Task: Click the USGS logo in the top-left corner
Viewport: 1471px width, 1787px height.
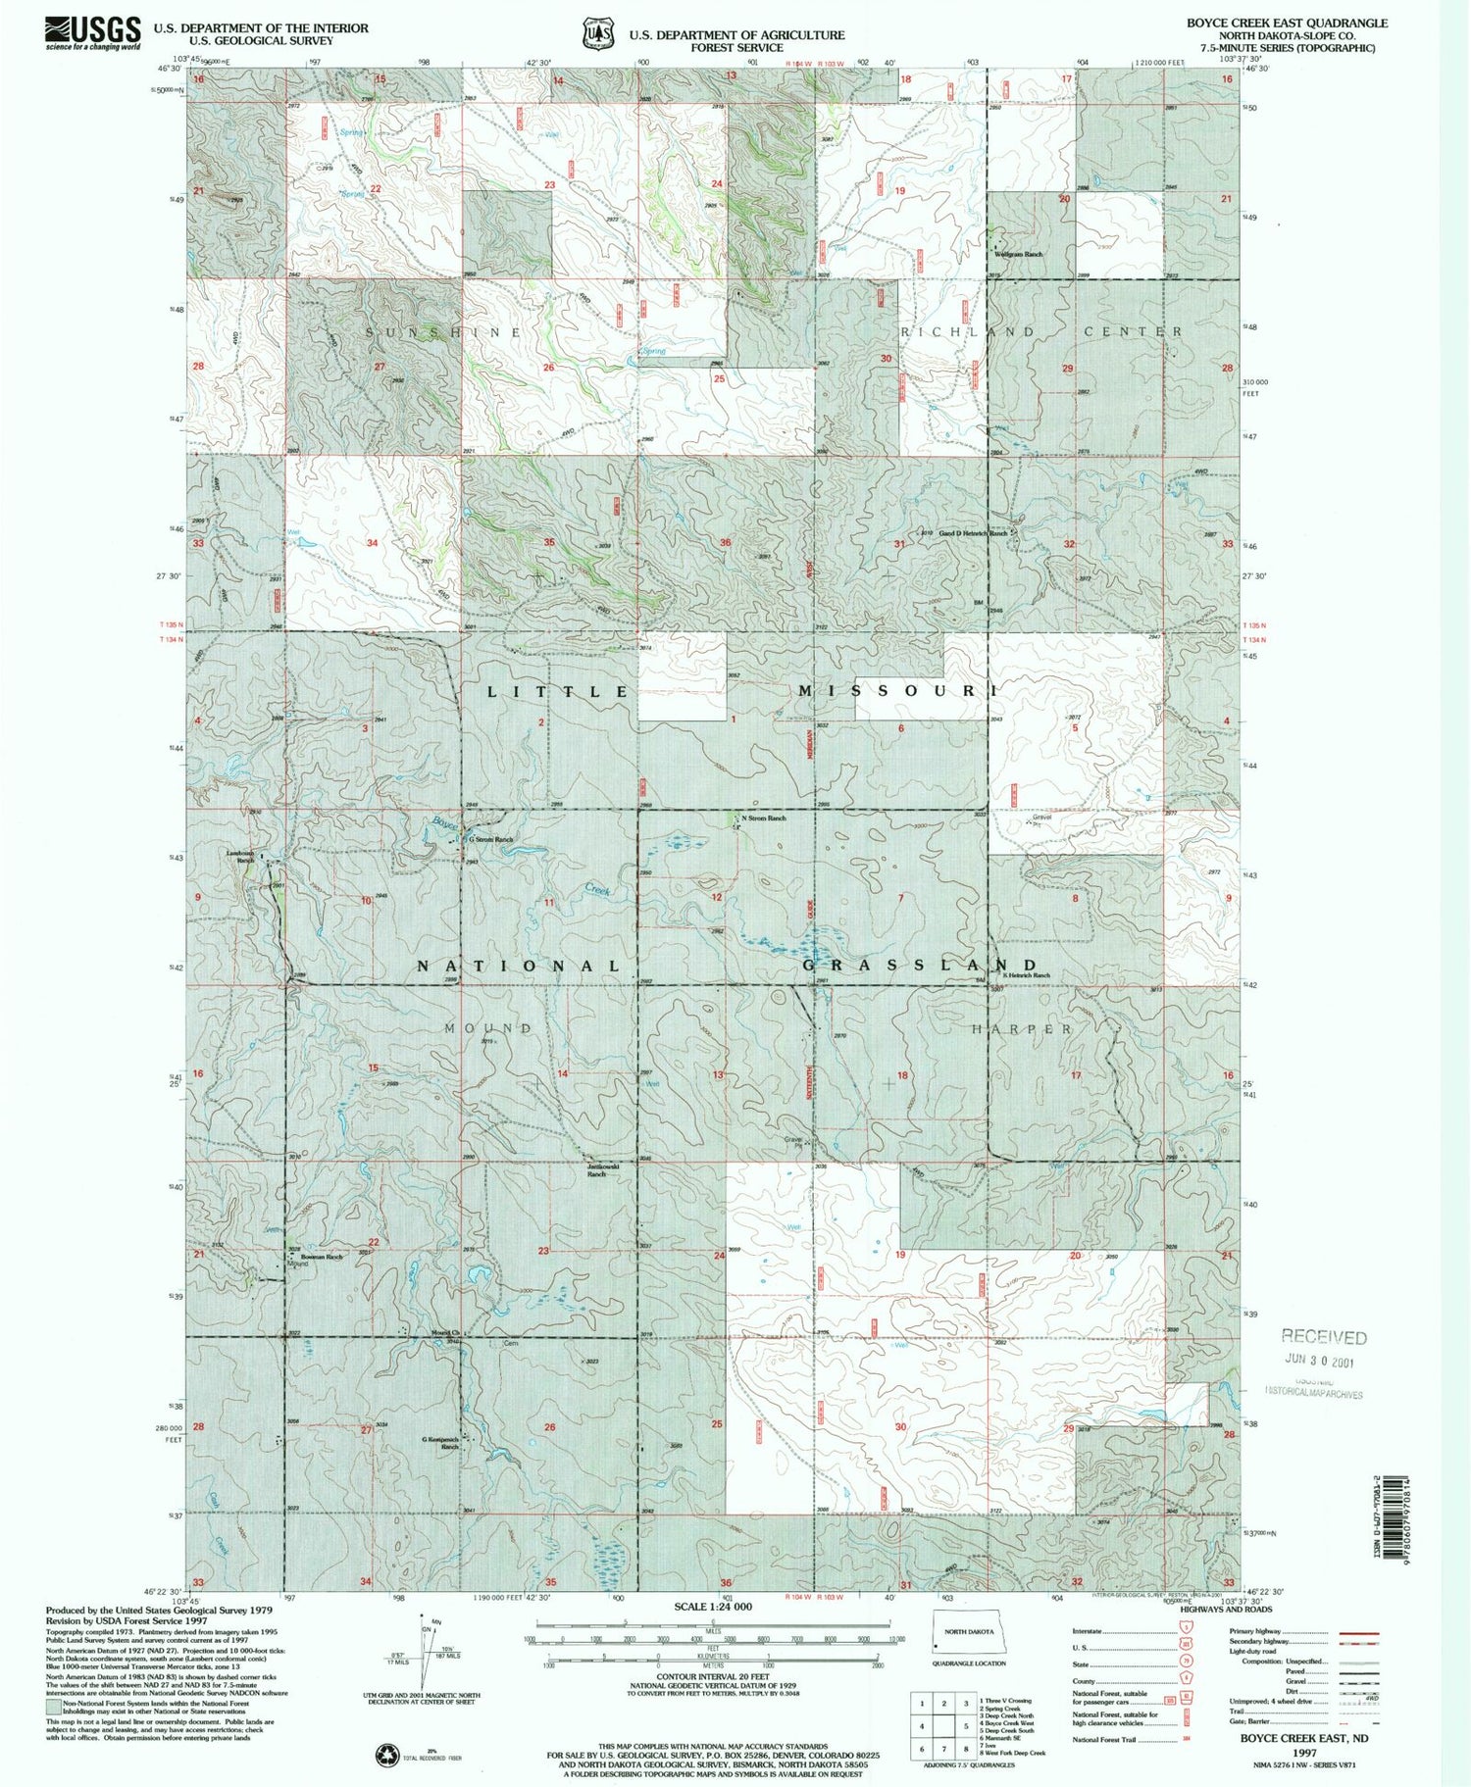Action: click(93, 32)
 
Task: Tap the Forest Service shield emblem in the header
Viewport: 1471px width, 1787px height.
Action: click(594, 33)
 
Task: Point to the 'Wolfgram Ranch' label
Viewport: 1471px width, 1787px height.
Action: click(1019, 254)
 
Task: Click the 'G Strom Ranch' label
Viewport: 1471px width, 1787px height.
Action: click(490, 840)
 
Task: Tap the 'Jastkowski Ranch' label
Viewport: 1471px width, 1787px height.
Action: click(604, 1169)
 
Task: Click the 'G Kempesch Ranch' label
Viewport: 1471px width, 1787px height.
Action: click(440, 1442)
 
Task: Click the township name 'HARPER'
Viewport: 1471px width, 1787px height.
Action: click(1022, 1029)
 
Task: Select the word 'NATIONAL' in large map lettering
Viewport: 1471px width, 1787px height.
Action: click(520, 967)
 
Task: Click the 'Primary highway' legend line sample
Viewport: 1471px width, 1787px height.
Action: click(1358, 1634)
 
